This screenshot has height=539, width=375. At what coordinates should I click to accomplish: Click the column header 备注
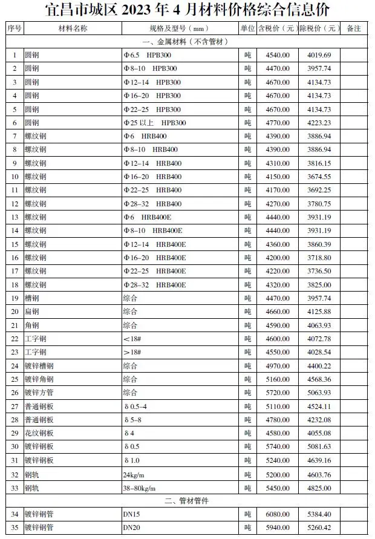(x=354, y=28)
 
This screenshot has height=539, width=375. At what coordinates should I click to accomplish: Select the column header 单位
(x=247, y=28)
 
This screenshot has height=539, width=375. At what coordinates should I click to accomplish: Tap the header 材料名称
(x=73, y=28)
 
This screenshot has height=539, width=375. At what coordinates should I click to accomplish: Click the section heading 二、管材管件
(x=187, y=501)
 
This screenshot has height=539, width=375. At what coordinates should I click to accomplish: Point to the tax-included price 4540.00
(x=278, y=56)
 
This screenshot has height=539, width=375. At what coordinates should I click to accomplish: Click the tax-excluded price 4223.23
(x=319, y=123)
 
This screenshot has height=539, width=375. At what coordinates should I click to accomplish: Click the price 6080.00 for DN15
(x=278, y=514)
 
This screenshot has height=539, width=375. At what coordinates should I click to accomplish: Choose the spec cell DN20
(x=132, y=528)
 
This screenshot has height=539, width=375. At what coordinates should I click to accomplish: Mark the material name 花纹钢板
(x=39, y=433)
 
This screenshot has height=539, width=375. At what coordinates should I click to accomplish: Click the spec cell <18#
(x=131, y=339)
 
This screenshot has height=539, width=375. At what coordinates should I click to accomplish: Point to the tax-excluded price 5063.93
(x=319, y=393)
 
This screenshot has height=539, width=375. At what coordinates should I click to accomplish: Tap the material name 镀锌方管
(x=39, y=393)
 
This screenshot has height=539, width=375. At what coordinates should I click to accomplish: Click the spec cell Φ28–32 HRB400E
(x=154, y=284)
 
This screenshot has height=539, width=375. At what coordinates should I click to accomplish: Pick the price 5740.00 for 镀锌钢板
(x=278, y=446)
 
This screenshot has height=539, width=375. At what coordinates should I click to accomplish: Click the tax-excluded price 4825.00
(x=319, y=488)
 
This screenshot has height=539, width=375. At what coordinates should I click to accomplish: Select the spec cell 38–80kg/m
(x=140, y=488)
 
